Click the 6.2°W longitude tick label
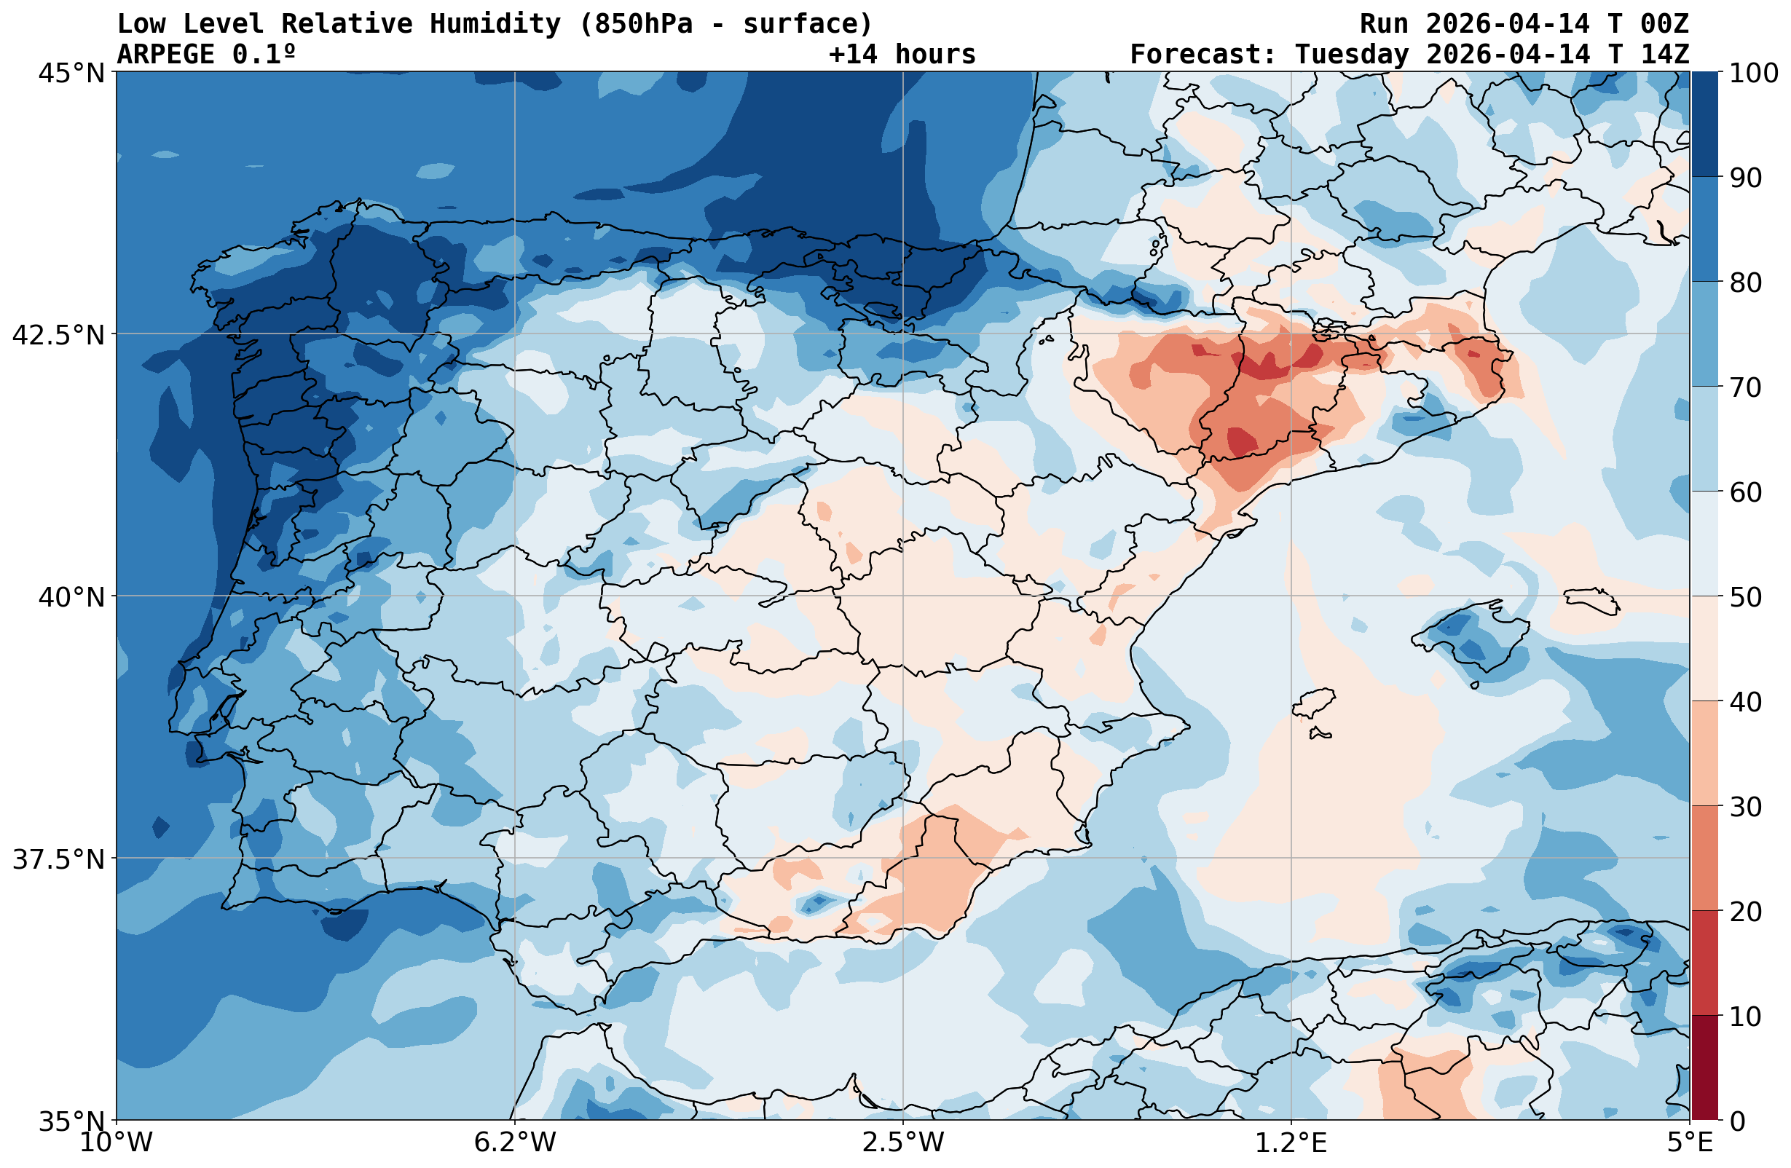point(515,1143)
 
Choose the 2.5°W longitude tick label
point(903,1143)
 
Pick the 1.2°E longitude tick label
point(1291,1143)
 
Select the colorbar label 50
point(1746,598)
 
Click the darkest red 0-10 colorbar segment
point(1704,1068)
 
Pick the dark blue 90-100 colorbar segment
point(1704,125)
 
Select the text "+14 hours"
point(902,54)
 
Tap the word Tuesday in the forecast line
point(1351,54)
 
